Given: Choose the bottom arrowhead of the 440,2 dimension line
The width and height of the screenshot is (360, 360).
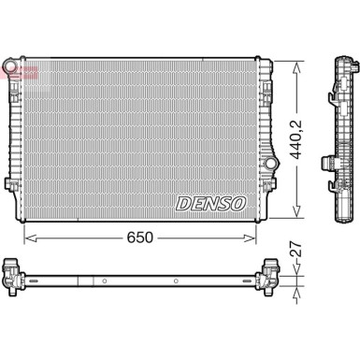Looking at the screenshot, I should point(296,214).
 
